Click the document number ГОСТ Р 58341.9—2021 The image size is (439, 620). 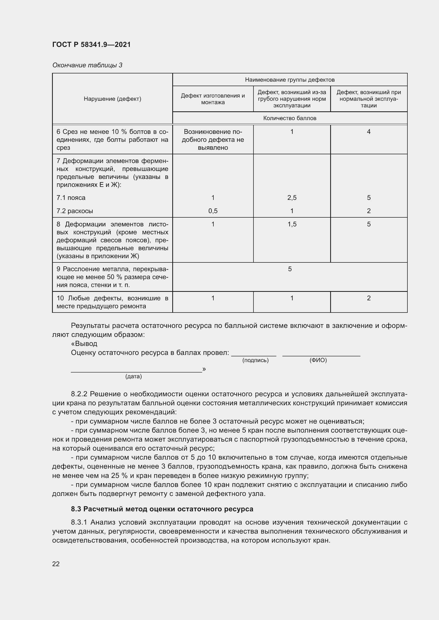pyautogui.click(x=91, y=45)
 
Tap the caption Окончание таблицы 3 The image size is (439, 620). pyautogui.click(x=87, y=65)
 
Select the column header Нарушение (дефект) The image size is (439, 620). pyautogui.click(x=112, y=99)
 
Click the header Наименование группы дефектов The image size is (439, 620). pyautogui.click(x=290, y=80)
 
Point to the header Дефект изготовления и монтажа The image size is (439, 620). pyautogui.click(x=213, y=99)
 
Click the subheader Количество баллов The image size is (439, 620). pyautogui.click(x=290, y=118)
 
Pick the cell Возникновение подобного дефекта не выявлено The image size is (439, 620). pyautogui.click(x=213, y=140)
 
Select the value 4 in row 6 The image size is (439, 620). pyautogui.click(x=368, y=132)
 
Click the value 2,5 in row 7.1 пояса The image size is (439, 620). pyautogui.click(x=292, y=198)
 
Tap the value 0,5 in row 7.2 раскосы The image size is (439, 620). pyautogui.click(x=213, y=211)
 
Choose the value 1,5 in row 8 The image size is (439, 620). pyautogui.click(x=292, y=224)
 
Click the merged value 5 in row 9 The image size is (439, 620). pyautogui.click(x=290, y=269)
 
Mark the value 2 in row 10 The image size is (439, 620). pyautogui.click(x=368, y=298)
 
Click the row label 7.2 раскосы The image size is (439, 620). pyautogui.click(x=75, y=211)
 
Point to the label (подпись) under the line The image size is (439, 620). pyautogui.click(x=255, y=360)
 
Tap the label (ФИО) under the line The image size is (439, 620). pyautogui.click(x=318, y=360)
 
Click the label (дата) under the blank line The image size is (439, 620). pyautogui.click(x=133, y=376)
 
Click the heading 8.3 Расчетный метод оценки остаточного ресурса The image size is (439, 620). pyautogui.click(x=162, y=509)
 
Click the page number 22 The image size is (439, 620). pyautogui.click(x=56, y=564)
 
